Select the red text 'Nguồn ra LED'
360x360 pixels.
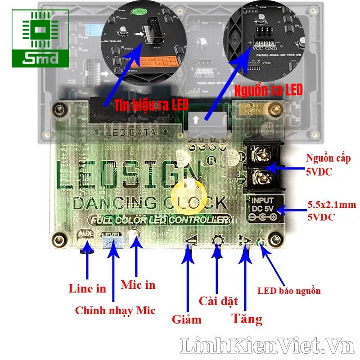point(268,90)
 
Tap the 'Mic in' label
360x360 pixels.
point(138,284)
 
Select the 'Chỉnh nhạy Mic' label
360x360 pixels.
point(115,310)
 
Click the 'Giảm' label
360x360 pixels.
point(186,319)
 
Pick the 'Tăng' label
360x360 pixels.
point(247,319)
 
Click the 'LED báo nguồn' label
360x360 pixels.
point(289,291)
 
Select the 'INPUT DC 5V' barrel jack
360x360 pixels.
point(265,208)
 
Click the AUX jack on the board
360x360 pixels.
point(85,243)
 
